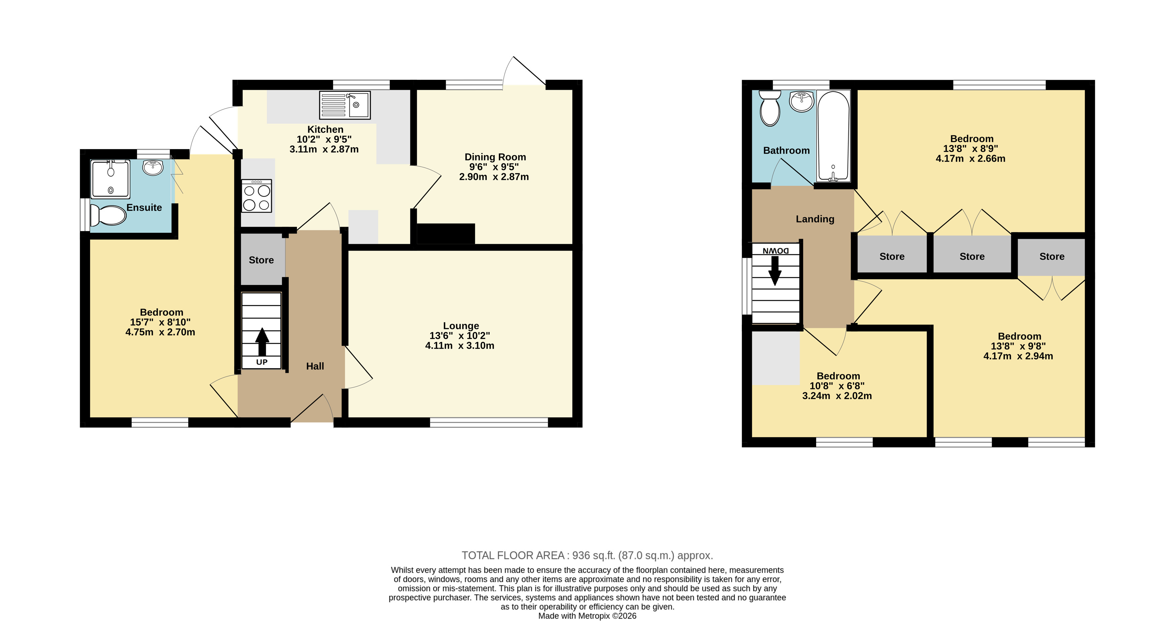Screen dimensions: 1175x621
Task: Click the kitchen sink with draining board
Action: coord(345,105)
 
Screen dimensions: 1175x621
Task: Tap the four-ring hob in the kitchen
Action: coord(257,196)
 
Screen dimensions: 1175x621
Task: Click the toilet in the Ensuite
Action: coord(108,215)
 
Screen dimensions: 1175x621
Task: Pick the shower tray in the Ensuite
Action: coord(110,179)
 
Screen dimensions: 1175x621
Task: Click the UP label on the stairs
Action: coord(262,362)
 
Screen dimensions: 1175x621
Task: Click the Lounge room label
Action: coord(461,326)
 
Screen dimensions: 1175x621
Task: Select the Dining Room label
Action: coord(495,157)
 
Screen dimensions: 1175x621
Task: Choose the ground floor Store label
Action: coord(261,260)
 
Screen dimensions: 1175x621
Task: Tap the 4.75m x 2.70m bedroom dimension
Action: coord(160,332)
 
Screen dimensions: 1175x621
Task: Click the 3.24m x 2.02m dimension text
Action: coord(837,396)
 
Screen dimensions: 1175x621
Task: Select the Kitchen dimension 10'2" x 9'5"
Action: coord(324,139)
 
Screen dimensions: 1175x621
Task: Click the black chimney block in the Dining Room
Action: coord(446,234)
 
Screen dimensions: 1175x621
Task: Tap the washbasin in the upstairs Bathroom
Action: coord(801,101)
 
